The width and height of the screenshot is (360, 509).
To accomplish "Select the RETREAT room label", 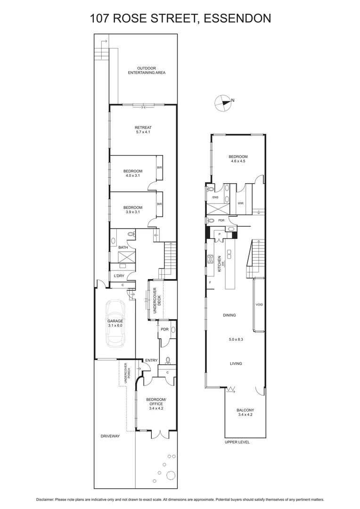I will tap(143, 128).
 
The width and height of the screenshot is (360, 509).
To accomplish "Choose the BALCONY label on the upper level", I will tap(245, 410).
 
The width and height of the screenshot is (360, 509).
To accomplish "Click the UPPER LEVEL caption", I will tap(237, 442).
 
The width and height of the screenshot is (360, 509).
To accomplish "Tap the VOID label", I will tap(259, 304).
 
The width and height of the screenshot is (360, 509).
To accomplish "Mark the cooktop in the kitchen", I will tap(212, 260).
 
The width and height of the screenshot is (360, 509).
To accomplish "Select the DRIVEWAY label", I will tap(110, 436).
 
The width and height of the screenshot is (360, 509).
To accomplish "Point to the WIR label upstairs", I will tap(240, 204).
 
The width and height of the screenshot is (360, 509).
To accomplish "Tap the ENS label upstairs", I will tap(215, 198).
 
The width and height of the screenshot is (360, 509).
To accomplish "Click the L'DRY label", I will tap(119, 276).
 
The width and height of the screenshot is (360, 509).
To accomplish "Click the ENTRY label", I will tap(151, 361).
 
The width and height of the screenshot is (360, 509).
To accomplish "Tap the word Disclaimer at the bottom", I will tap(47, 499).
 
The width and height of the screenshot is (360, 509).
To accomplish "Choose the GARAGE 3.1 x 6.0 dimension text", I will tap(116, 325).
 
